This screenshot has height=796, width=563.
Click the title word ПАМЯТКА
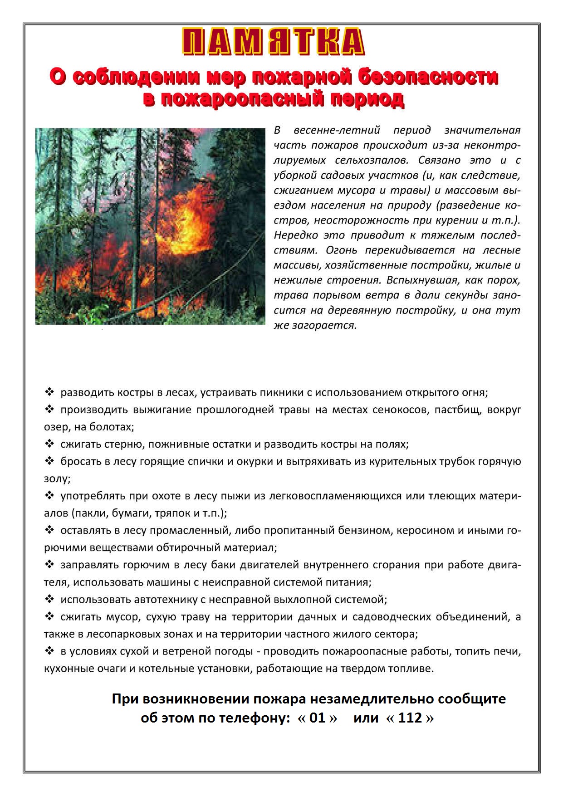273,42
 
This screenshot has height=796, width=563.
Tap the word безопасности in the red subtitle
427,77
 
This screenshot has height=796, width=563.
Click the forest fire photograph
150,226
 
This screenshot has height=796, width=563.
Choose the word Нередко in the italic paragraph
295,235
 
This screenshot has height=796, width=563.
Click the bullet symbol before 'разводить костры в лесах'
49,392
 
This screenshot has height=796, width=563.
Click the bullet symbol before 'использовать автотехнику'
49,599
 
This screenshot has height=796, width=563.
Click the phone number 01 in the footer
317,718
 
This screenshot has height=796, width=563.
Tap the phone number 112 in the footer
410,718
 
